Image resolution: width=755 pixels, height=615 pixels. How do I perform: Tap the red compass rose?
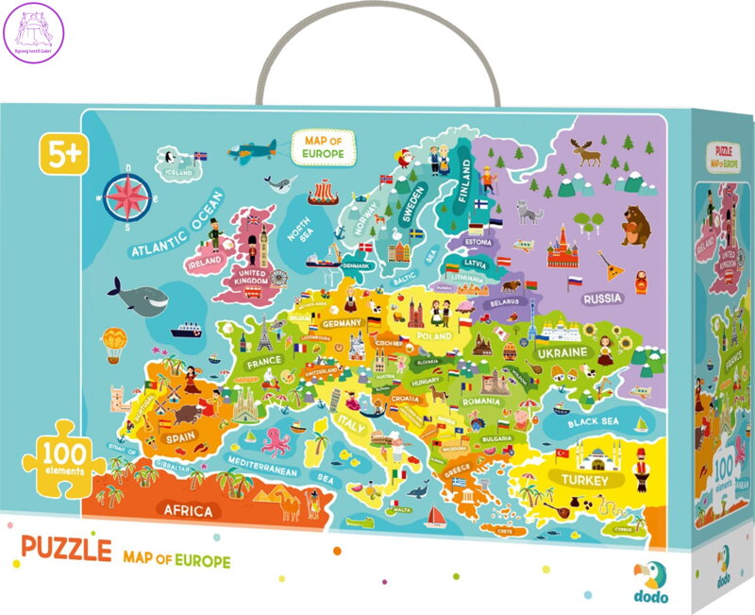coord(131,196)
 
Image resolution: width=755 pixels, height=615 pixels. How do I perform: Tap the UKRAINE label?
coord(562,351)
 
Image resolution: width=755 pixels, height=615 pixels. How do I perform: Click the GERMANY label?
coord(342,323)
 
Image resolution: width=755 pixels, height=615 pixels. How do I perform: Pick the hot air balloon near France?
coord(112,342)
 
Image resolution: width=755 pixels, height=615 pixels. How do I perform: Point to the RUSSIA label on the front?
coord(601,299)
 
